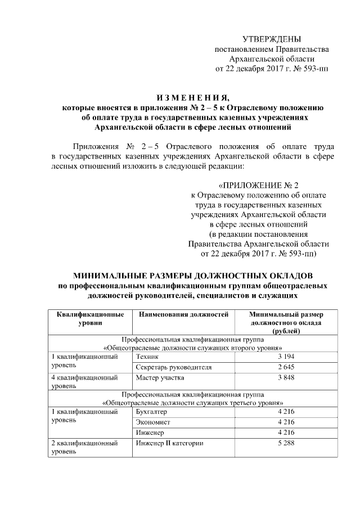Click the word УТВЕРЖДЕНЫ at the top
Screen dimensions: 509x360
(271, 39)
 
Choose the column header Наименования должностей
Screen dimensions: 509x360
(183, 315)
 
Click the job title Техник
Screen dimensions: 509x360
(148, 357)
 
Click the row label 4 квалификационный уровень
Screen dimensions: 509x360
(84, 382)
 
